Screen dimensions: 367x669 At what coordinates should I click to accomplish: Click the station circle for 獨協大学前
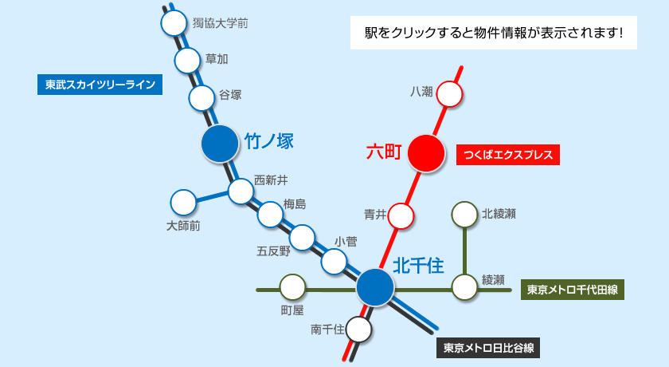tap(174, 23)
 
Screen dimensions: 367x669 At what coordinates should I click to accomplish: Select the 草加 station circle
tap(187, 60)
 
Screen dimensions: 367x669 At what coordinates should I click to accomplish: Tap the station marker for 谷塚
tap(202, 97)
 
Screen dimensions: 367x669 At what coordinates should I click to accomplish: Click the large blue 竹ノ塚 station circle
tap(221, 144)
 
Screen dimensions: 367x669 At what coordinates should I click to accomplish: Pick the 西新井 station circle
tap(241, 191)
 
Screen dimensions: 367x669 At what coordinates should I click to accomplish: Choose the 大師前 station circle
tap(183, 202)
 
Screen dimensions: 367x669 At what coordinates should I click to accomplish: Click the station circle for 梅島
tap(271, 214)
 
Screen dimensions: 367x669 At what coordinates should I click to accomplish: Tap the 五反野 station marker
tap(303, 237)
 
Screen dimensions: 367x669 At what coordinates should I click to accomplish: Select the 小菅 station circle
tap(334, 261)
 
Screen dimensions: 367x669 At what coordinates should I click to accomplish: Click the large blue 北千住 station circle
tap(374, 287)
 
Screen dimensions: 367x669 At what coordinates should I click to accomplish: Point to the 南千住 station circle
tap(359, 329)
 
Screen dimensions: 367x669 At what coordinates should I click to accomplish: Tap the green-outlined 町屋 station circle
tap(292, 287)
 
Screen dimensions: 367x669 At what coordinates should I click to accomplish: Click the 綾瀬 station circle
tap(464, 287)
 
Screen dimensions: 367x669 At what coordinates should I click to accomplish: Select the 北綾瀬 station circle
tap(464, 215)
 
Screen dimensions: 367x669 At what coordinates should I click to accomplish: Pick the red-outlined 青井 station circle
tap(401, 215)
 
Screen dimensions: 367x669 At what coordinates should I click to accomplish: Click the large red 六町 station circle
tap(426, 152)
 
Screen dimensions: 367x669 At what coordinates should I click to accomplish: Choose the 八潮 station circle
tap(449, 94)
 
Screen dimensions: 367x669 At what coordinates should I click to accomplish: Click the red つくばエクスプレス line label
tap(509, 154)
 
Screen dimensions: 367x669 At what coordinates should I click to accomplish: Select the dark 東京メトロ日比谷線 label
tap(488, 348)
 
